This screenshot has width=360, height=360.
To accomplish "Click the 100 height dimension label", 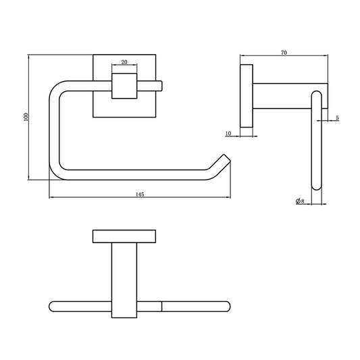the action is [26, 117].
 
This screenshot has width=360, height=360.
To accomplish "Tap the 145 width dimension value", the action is [140, 195].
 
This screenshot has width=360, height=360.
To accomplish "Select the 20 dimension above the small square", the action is [124, 62].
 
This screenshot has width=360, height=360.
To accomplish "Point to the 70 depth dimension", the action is [284, 53].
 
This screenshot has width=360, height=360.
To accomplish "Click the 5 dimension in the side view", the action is [337, 118].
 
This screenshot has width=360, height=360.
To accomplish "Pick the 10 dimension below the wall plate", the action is [228, 133].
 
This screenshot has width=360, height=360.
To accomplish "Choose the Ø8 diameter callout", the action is [300, 201].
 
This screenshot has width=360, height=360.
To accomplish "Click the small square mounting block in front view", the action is [124, 86].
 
